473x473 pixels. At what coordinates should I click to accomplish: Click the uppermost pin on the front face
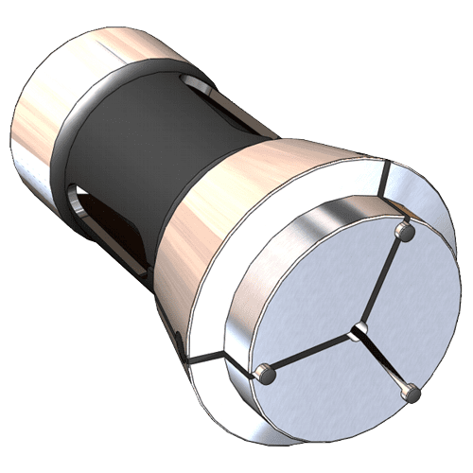pyautogui.click(x=405, y=230)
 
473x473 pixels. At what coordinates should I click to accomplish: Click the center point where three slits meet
pyautogui.click(x=357, y=330)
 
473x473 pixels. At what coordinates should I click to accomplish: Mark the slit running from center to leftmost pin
pyautogui.click(x=312, y=353)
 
